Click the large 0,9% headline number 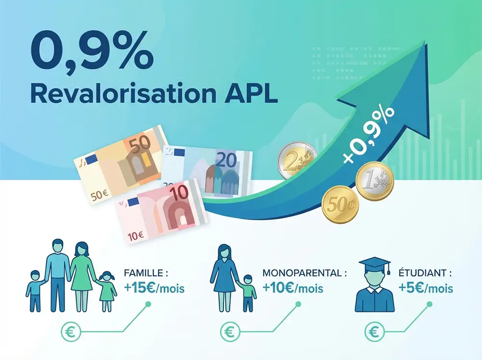92,52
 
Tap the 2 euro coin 295,160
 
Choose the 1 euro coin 375,182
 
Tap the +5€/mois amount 426,289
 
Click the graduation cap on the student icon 374,265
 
